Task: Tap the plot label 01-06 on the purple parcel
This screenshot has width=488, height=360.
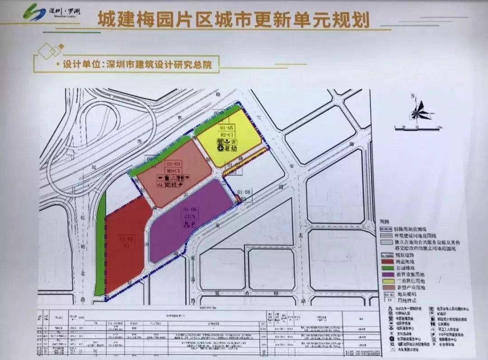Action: [x=190, y=210]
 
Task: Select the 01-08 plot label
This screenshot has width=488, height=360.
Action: [x=245, y=192]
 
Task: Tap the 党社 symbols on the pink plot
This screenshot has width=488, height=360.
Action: [x=170, y=184]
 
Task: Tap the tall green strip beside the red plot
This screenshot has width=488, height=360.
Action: [x=100, y=244]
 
